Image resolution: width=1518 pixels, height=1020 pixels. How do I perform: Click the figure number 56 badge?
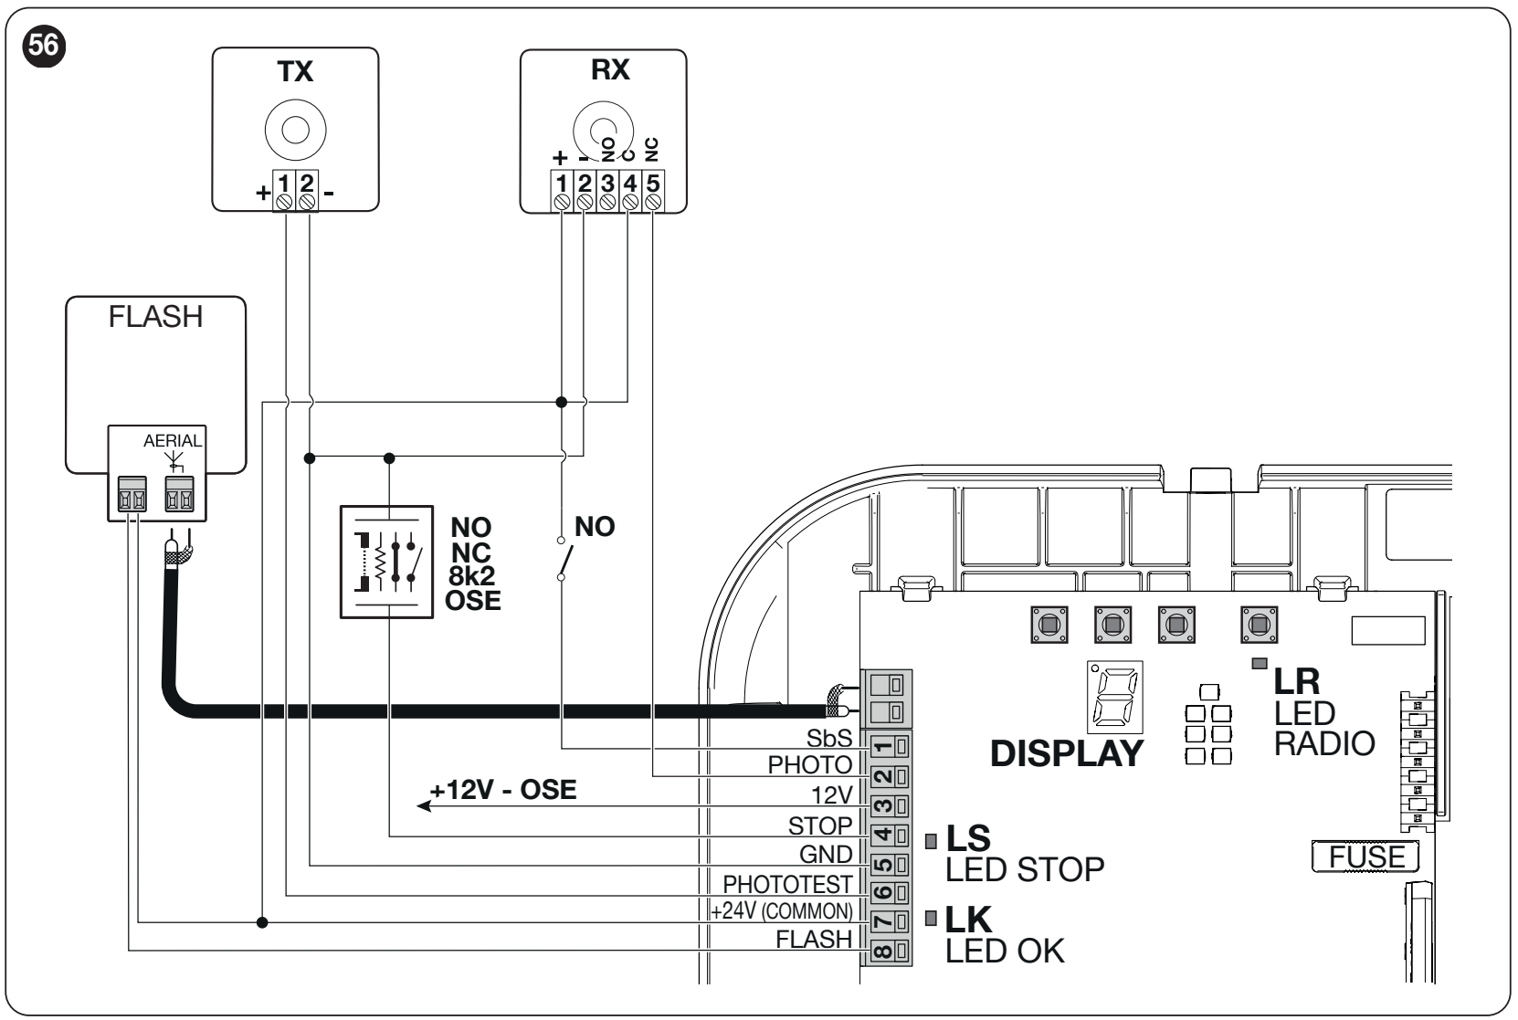[44, 46]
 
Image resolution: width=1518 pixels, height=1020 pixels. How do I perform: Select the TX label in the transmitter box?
[295, 71]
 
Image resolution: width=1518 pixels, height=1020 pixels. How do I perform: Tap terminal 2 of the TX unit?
[307, 191]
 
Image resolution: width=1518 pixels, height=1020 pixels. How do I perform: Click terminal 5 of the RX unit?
[653, 192]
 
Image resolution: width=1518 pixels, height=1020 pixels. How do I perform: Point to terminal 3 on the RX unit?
[607, 192]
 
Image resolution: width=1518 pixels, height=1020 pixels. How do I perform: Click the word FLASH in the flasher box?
[156, 317]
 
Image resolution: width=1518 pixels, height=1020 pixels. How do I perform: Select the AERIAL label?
[173, 440]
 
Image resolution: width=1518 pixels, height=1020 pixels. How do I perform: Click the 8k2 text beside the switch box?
[471, 576]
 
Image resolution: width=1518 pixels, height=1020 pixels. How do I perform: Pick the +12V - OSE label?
[503, 790]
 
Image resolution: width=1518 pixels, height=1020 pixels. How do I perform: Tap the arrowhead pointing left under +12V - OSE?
[424, 805]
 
